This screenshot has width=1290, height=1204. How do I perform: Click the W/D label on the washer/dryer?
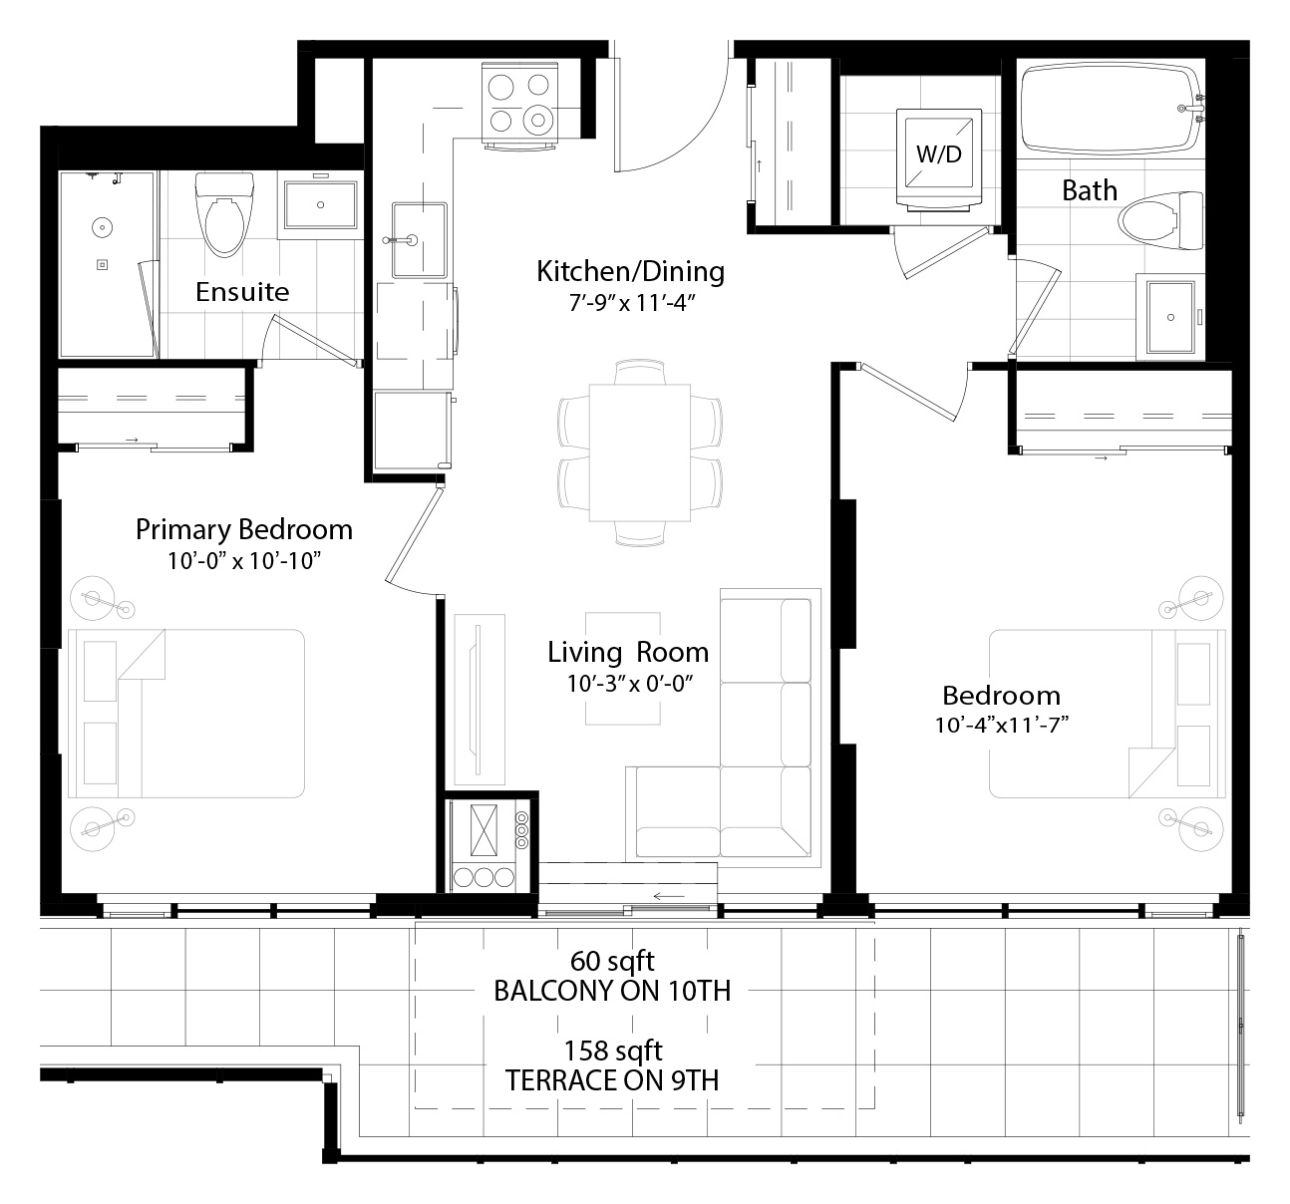pos(939,153)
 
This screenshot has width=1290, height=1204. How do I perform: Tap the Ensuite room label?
pos(242,292)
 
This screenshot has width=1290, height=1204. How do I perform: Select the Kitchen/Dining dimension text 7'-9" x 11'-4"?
pos(632,303)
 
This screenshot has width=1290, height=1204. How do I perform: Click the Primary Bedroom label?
pos(244,530)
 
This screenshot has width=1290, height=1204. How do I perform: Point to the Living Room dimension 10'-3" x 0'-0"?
pos(630,683)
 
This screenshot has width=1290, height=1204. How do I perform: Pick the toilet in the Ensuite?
pos(224,214)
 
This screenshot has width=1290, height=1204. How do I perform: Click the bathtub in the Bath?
pos(1112,109)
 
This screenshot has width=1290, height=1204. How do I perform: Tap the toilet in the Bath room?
pos(1160,221)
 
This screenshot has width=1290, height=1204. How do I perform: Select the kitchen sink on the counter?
pos(419,239)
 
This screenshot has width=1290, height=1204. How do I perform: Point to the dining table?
pos(640,452)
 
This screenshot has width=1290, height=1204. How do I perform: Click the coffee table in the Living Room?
pos(623,668)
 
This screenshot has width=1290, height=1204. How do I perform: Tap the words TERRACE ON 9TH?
pos(612,1081)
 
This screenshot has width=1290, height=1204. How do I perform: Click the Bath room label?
pos(1090,191)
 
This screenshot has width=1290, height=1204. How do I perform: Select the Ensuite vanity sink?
pos(320,205)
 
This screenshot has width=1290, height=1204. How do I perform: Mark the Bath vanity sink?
pos(1170,317)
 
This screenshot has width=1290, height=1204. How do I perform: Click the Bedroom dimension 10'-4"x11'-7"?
pos(1002,725)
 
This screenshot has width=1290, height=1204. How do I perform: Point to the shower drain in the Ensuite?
pos(103,264)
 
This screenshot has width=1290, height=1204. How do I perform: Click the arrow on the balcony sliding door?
pos(668,897)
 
